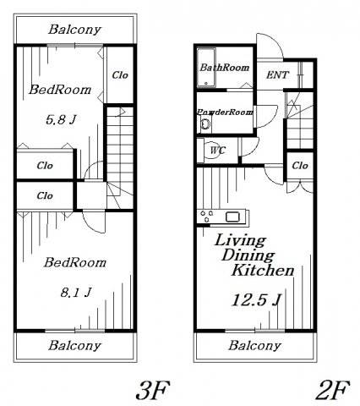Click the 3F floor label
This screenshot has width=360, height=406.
pos(153,390)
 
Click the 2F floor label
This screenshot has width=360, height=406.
pos(332,390)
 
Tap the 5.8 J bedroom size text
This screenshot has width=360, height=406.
pos(61,120)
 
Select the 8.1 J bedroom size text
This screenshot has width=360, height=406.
pos(76,293)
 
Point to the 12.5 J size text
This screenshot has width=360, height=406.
pos(256,299)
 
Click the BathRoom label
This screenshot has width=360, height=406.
pos(225,68)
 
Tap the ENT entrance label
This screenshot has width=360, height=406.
pos(277,75)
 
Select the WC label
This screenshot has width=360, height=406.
pos(218,151)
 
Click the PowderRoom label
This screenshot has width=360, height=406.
pos(225,112)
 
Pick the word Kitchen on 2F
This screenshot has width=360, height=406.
pos(263,270)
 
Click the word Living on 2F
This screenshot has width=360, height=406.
pos(240,241)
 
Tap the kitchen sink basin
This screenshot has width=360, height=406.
pos(233,217)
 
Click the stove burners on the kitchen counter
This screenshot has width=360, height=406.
pos(206,216)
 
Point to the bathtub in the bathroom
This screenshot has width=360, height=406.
pos(206,68)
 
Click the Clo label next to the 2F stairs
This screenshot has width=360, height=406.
pos(300,165)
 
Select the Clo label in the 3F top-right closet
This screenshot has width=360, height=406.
pos(120,75)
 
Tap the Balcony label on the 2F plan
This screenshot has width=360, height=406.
pos(254,346)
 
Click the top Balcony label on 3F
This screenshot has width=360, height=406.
pos(74,30)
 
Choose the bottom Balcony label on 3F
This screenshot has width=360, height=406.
pos(74,346)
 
